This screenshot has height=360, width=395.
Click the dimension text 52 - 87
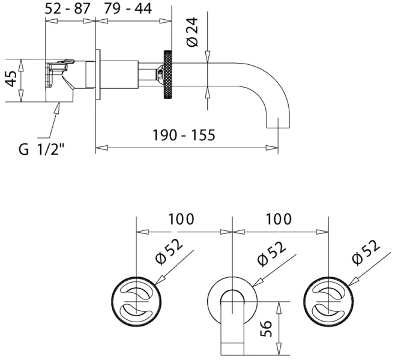pyautogui.click(x=67, y=9)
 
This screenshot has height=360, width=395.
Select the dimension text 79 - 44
pyautogui.click(x=128, y=9)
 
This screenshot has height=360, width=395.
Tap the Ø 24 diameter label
pyautogui.click(x=193, y=32)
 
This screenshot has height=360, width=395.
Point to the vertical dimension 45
pyautogui.click(x=11, y=79)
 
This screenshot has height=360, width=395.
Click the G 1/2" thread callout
pyautogui.click(x=41, y=149)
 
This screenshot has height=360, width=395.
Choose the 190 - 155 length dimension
pyautogui.click(x=184, y=135)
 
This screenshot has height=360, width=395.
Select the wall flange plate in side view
pyautogui.click(x=98, y=75)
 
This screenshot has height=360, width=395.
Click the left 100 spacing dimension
pyautogui.click(x=181, y=219)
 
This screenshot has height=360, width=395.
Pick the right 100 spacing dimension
pyautogui.click(x=279, y=219)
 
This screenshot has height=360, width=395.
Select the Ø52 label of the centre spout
pyautogui.click(x=272, y=254)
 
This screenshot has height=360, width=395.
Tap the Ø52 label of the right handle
pyautogui.click(x=366, y=252)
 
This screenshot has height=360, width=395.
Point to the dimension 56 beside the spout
pyautogui.click(x=267, y=328)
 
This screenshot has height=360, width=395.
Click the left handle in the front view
pyautogui.click(x=136, y=301)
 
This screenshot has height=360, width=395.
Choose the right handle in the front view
pyautogui.click(x=328, y=301)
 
